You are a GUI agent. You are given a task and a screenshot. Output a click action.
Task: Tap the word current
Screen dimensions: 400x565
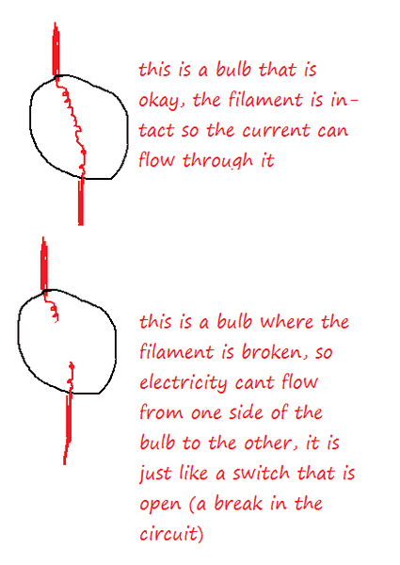pyautogui.click(x=276, y=131)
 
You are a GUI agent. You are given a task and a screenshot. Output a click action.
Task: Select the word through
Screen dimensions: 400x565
pyautogui.click(x=217, y=161)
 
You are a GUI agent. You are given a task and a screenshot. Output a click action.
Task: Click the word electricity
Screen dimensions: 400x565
pyautogui.click(x=184, y=382)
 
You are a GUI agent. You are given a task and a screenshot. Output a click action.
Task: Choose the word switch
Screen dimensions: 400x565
pyautogui.click(x=261, y=473)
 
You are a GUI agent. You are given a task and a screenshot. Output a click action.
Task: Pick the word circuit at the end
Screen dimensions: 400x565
pyautogui.click(x=168, y=534)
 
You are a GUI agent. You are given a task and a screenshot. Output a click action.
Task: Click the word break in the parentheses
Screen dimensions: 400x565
pyautogui.click(x=238, y=503)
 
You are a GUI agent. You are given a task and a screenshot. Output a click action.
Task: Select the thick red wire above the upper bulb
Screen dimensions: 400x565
pyautogui.click(x=56, y=50)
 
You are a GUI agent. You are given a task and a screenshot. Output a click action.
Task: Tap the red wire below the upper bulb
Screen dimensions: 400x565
pyautogui.click(x=81, y=202)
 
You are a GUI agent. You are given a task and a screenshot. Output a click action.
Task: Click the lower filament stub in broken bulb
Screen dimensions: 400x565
pyautogui.click(x=71, y=378)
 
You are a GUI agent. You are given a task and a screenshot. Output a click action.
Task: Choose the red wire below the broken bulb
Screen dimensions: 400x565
pyautogui.click(x=68, y=428)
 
